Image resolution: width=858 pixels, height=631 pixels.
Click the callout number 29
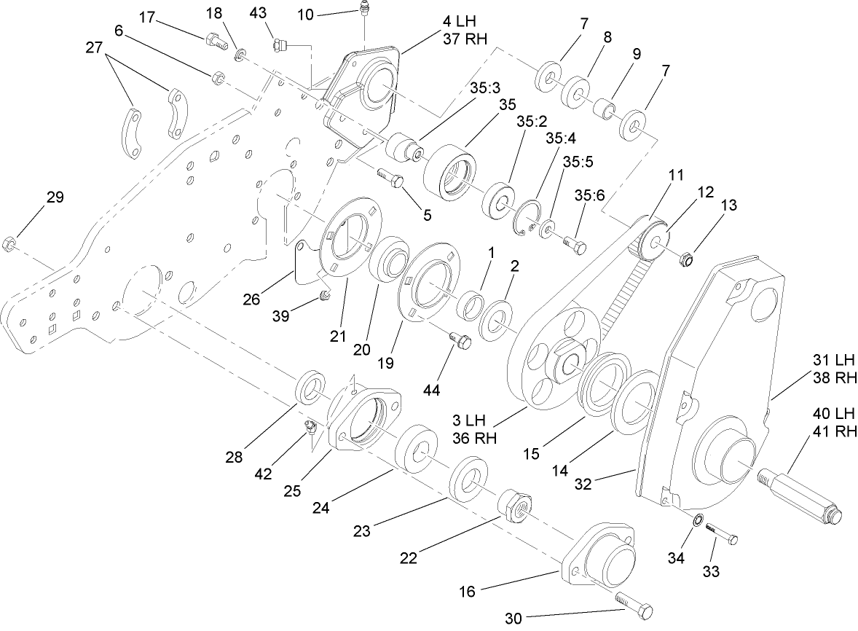[55, 197]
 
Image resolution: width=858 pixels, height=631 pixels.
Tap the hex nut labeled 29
[9, 242]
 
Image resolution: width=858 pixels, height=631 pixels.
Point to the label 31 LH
[832, 360]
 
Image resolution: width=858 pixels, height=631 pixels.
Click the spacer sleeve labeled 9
[604, 109]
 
